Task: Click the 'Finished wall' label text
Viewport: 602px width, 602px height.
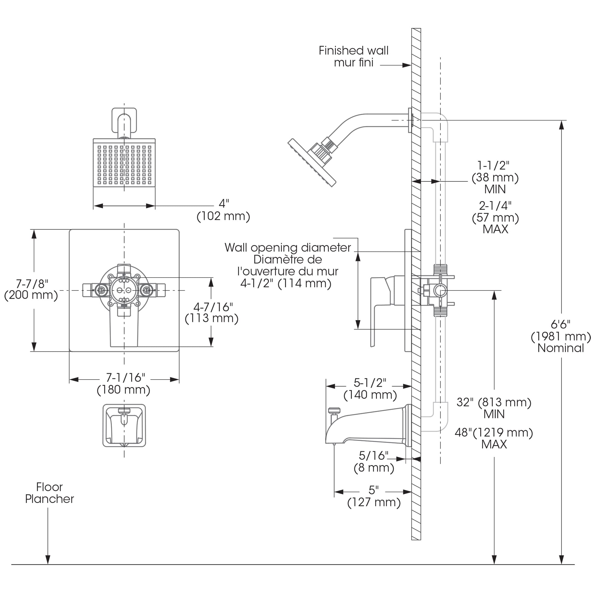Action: pos(353,51)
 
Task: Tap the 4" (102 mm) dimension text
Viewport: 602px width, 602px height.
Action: pos(223,210)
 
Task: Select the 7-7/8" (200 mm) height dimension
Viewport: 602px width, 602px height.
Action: pos(31,290)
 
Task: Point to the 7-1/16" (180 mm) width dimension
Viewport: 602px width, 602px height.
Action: pos(124,383)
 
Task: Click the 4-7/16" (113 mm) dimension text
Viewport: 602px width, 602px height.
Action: pos(212,312)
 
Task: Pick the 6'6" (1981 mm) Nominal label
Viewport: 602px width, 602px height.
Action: pos(560,336)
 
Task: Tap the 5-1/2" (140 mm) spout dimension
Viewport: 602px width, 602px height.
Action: pos(370,389)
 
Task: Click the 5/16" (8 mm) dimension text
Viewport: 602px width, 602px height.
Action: pos(374,461)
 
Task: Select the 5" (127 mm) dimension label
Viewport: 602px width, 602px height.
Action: pos(374,496)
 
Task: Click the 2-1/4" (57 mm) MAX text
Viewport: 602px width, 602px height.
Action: pos(495,217)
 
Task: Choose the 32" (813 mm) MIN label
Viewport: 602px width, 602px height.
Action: pos(494,408)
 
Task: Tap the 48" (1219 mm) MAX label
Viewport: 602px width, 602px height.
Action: pos(494,438)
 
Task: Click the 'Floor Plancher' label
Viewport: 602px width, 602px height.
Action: pos(50,493)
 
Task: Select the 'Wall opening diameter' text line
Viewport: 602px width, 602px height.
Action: pos(287,247)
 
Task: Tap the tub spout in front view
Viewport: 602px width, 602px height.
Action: pos(124,426)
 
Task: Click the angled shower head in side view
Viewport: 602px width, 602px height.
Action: pos(312,162)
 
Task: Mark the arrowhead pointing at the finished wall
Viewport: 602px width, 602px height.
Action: pos(407,65)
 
